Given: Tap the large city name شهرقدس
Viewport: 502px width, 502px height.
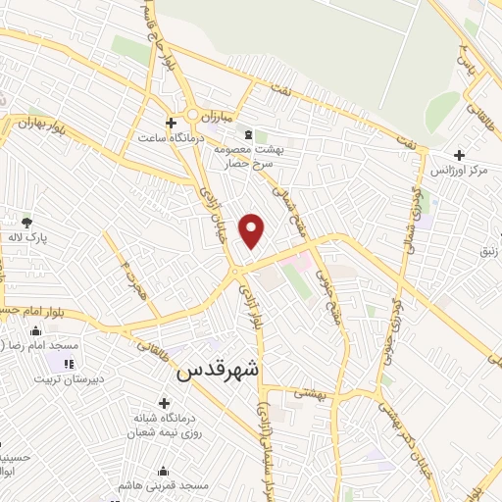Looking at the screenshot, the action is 218,372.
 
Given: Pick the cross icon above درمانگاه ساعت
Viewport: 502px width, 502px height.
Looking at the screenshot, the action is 172,123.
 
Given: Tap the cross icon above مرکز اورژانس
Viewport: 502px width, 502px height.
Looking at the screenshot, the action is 459,155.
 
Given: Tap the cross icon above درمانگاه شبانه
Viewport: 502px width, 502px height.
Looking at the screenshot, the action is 163,402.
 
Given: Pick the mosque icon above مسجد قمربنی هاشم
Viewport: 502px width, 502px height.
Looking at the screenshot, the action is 162,471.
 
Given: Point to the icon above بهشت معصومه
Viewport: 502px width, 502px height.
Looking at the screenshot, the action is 247,133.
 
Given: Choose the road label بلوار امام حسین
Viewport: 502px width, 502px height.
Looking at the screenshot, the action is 34,311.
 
